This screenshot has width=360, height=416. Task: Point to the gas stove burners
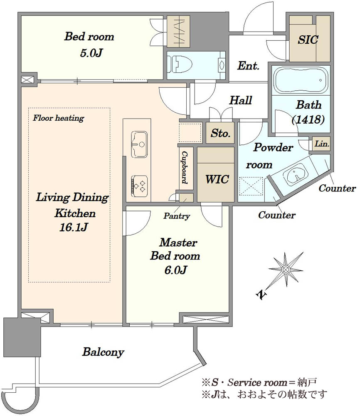(x=140, y=184)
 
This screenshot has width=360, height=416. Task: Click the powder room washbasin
(x=296, y=176)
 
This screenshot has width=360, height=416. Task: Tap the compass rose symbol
(x=286, y=270)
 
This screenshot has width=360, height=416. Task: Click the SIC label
(x=308, y=40)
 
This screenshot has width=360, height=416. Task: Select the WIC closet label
(x=217, y=179)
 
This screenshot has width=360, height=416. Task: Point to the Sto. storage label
(x=220, y=134)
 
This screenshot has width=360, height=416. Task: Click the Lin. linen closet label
(x=322, y=144)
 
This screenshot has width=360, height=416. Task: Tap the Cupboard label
(x=184, y=167)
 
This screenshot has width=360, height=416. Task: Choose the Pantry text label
(x=177, y=216)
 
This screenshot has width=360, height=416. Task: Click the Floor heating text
(x=58, y=118)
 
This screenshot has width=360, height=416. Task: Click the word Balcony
(x=103, y=352)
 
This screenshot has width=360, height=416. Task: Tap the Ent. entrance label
(x=248, y=65)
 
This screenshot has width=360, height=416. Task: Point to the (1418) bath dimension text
(x=308, y=120)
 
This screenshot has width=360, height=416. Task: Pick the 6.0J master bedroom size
(x=175, y=270)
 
